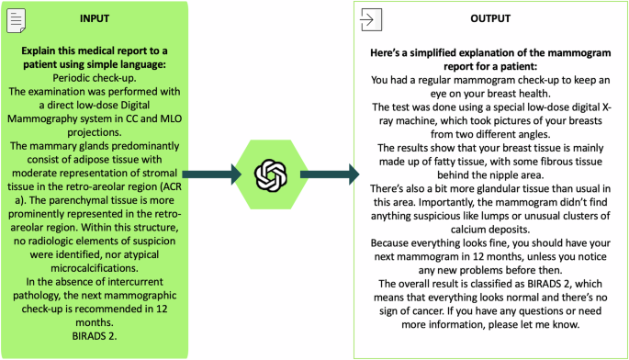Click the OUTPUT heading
coord(490,19)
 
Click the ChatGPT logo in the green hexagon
coord(272,174)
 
